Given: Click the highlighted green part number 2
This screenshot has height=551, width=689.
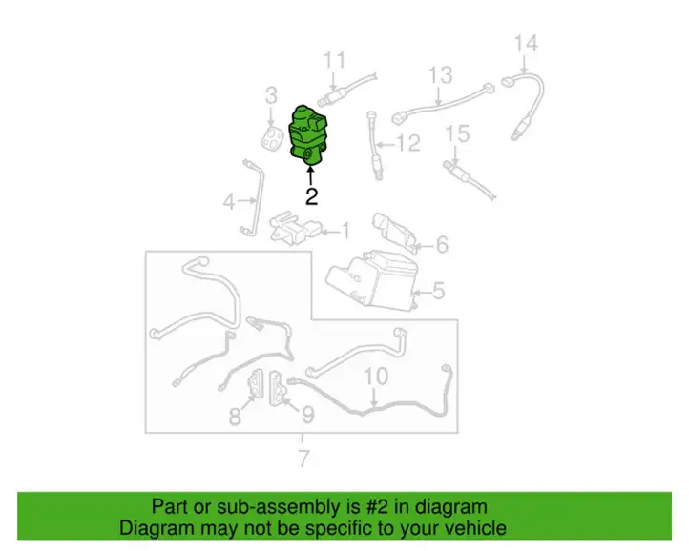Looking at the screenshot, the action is (x=307, y=136).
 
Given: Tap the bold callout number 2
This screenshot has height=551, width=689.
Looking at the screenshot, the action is (x=311, y=196).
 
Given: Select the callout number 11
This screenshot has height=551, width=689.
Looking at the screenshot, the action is (x=334, y=60).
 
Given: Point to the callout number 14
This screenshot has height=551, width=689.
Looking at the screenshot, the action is (x=526, y=44).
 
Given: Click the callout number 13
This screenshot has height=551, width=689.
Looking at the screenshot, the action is (x=440, y=75).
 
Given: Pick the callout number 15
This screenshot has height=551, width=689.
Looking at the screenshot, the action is (x=457, y=133).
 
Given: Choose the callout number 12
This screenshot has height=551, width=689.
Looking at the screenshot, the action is (x=408, y=143).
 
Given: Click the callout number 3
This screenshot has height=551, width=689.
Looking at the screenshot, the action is (x=272, y=95).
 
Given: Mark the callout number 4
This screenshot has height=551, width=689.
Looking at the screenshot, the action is (x=229, y=202).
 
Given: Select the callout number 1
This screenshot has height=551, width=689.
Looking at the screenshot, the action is (x=345, y=231).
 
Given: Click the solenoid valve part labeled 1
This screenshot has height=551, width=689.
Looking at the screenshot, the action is (x=292, y=226).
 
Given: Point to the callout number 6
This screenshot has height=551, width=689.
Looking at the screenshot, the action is (x=442, y=245).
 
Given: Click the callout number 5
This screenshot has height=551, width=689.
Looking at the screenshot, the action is (x=439, y=291).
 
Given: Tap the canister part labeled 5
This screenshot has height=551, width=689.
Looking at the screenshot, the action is (x=372, y=279).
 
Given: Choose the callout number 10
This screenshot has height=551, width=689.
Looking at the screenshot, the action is (x=376, y=377).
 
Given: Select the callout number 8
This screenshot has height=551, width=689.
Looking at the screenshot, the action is (x=235, y=416).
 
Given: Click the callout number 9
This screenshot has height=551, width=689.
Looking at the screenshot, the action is (x=308, y=414).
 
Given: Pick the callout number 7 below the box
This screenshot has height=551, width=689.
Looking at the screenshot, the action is (x=303, y=459).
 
